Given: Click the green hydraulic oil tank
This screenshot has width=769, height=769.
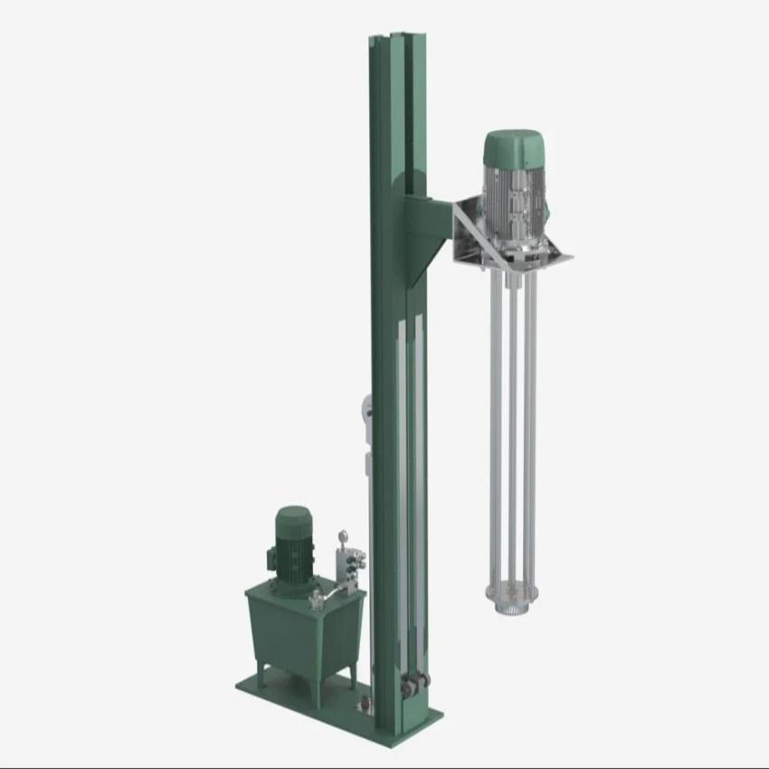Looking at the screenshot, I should (302, 633).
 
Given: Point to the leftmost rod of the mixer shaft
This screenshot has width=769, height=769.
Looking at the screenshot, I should (494, 407).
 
